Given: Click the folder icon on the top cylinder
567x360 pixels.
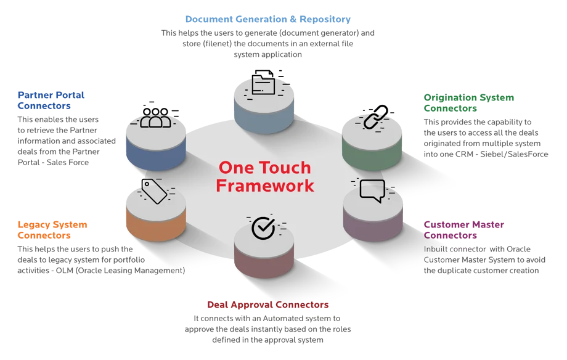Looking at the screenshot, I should pos(264,85).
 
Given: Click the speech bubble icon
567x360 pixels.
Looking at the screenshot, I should pos(372,190).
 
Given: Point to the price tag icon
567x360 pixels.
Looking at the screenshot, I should pos(155,190).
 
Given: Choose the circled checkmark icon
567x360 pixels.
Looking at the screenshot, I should pos(263,227).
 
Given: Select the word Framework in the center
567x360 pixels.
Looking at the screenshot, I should pos(265,185).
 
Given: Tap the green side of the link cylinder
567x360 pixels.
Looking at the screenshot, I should pos(372,153).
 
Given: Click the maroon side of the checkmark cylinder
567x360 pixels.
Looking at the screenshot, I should pos(263,267).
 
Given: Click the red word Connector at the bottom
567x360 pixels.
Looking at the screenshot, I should pos(303,305).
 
